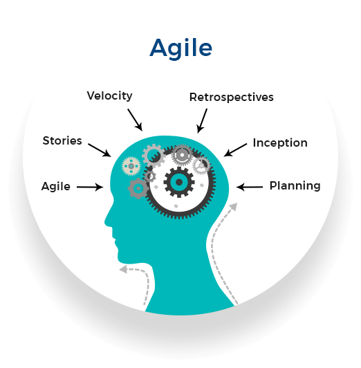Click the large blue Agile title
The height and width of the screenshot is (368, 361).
point(181,49)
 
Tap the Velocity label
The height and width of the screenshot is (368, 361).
point(109,95)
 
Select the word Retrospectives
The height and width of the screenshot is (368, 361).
point(231,97)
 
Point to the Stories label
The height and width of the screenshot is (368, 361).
point(62,140)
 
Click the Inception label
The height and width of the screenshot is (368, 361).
point(280,142)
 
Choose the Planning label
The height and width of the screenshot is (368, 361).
point(295,185)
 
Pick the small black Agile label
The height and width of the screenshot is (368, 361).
point(56,187)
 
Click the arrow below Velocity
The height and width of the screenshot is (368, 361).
point(135,120)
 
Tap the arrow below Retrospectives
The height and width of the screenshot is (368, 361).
point(202,120)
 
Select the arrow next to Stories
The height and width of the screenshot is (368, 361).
point(100,150)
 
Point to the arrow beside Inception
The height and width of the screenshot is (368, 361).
point(235,150)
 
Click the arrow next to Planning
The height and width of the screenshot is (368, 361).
point(250,187)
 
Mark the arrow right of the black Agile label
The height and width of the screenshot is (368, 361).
point(90,187)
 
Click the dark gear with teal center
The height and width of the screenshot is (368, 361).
point(179,182)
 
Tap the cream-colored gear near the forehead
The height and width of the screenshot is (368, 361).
point(131,166)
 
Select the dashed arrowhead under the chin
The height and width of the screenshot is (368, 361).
point(123,270)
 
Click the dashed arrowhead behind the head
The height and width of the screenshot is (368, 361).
point(233,207)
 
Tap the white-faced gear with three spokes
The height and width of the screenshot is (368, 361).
point(201,165)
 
